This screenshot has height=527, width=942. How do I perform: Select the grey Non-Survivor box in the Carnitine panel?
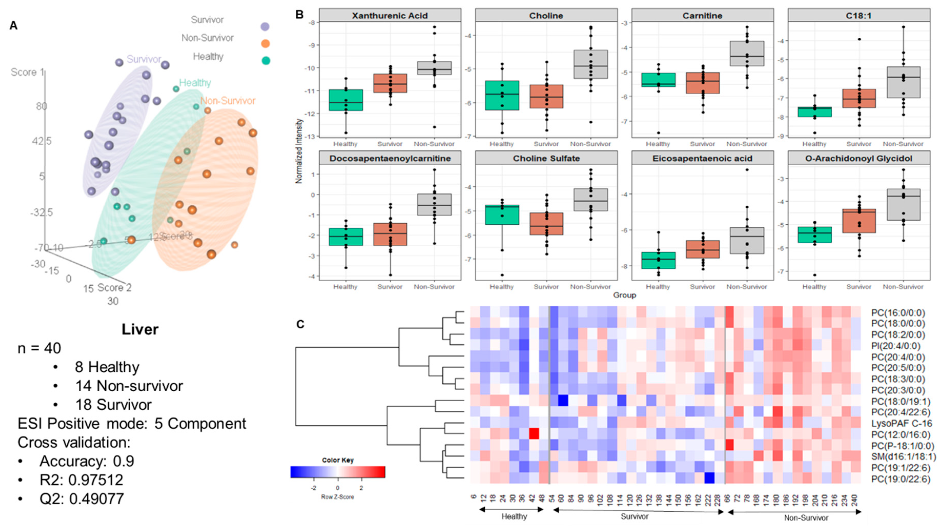coord(747,53)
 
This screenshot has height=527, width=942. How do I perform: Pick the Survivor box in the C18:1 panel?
coord(859,98)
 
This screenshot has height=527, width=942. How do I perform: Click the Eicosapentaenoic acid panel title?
coord(702,158)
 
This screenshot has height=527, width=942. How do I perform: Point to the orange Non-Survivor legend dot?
coord(265,44)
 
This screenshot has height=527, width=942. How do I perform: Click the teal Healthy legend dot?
coord(266,61)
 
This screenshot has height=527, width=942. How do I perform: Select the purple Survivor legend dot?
coord(265,27)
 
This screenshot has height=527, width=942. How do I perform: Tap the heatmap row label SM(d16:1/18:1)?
coord(903,456)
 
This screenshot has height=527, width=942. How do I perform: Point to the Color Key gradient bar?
coord(337,472)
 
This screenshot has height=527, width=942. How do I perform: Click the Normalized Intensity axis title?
coord(299,150)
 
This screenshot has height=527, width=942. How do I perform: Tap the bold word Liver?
coord(140,329)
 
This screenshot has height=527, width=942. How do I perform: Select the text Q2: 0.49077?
coord(81,499)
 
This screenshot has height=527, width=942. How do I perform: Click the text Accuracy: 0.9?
coord(87,461)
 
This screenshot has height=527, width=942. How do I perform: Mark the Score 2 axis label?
coord(114,288)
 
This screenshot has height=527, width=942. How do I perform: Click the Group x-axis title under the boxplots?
coord(624,295)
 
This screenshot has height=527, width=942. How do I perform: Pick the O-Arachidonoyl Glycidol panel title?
coord(859,158)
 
